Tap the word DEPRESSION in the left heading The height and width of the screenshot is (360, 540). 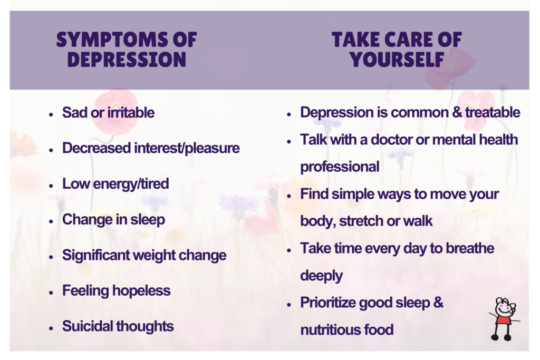coord(127,59)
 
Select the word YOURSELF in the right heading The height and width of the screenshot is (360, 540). coord(397,59)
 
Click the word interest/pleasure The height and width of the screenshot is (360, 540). coord(187,148)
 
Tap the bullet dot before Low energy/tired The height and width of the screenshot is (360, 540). coord(51,186)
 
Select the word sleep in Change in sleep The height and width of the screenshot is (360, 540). coord(148,220)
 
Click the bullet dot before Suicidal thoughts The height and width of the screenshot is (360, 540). coord(51,328)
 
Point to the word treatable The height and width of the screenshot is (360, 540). coord(493,112)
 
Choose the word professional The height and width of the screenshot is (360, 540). coord(340,167)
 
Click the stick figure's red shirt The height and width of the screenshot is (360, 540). coord(503,320)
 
